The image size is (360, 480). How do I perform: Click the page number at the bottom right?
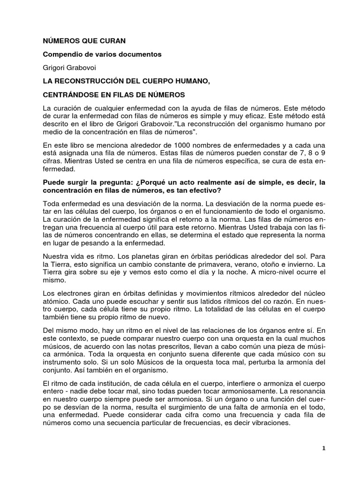click(323, 448)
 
